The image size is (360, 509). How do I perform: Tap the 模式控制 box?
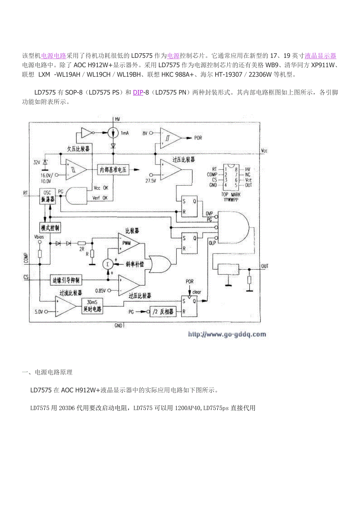point(50,228)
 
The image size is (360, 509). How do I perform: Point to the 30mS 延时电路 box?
point(92,305)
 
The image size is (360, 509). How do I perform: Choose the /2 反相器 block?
point(163,312)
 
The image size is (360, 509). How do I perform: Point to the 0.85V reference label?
point(101,290)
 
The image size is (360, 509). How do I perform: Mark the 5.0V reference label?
point(39,312)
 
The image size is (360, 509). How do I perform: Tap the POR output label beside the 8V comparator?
point(198,138)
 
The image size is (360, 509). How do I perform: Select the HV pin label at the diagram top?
point(117,118)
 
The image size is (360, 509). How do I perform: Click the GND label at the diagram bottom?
point(119,325)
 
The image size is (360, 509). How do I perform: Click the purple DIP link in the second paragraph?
point(138,92)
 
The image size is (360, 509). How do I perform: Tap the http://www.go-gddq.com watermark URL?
point(227,334)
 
